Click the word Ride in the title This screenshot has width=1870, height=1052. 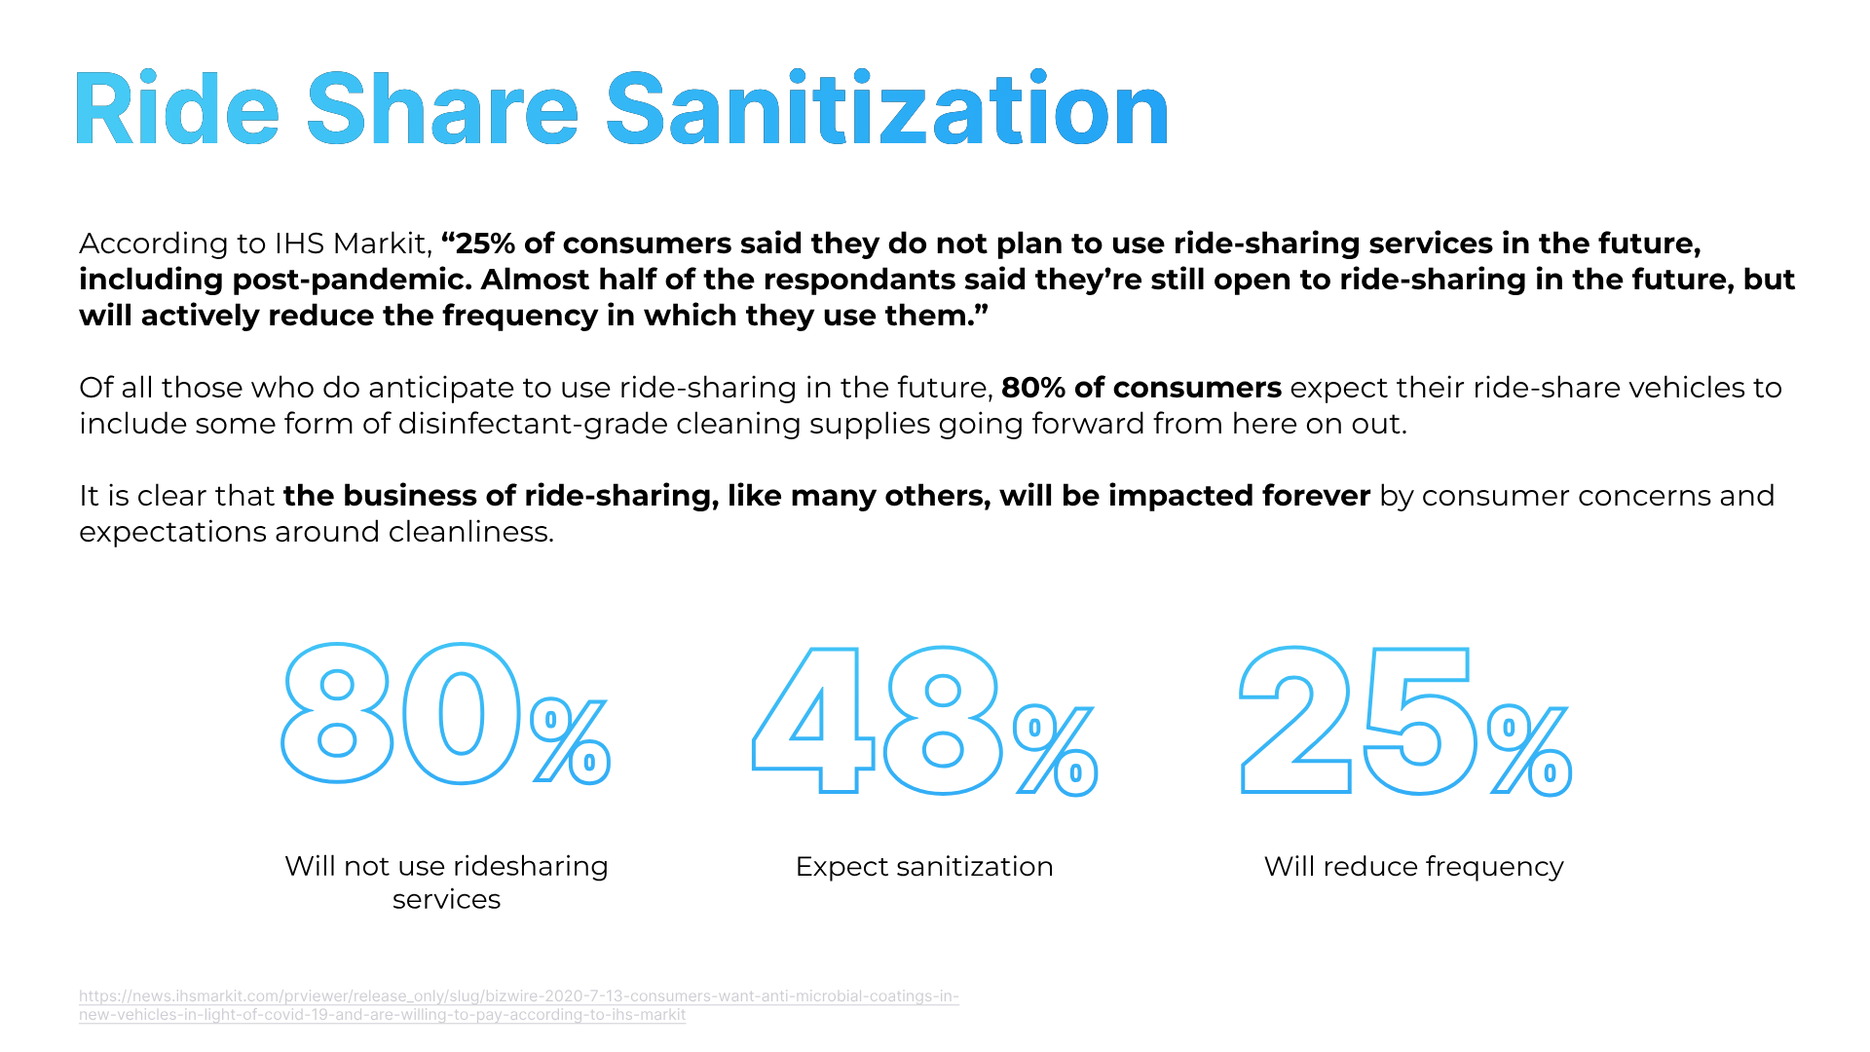(x=176, y=109)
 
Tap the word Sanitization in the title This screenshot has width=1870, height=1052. (x=886, y=109)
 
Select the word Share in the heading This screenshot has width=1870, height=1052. (x=442, y=109)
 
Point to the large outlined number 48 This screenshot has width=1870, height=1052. (x=877, y=721)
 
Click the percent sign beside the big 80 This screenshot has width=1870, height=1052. (x=571, y=740)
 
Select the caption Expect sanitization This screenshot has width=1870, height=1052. (x=924, y=866)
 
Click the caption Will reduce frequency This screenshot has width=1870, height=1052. (x=1413, y=866)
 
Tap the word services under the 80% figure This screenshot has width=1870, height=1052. (x=446, y=899)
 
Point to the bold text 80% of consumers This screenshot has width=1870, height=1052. (x=1141, y=388)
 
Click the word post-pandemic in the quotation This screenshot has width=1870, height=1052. (x=351, y=280)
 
